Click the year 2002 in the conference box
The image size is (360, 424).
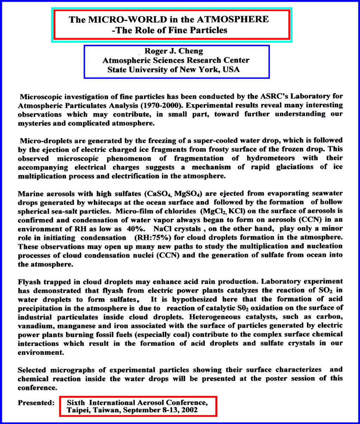pyautogui.click(x=190, y=410)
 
